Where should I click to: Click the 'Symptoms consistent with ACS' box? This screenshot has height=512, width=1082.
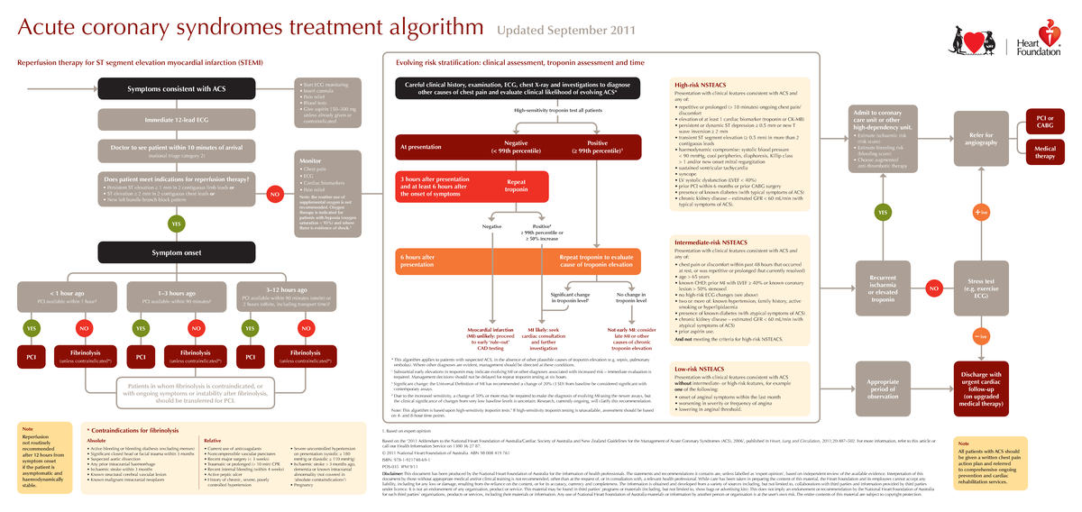tap(177, 89)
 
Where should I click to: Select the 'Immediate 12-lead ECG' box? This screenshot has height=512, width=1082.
tap(177, 119)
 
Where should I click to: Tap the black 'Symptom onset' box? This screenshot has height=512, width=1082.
tap(177, 252)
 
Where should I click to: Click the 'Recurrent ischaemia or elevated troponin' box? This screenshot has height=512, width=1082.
tap(883, 288)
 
